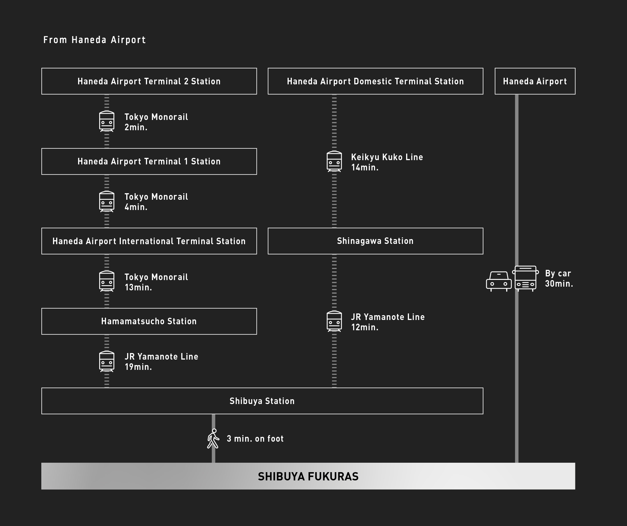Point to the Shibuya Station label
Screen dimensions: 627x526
[262, 401]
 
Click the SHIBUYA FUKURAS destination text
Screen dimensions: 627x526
[308, 476]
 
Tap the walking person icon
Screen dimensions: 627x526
[213, 439]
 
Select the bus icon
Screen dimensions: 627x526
[526, 278]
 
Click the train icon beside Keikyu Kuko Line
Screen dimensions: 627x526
[334, 162]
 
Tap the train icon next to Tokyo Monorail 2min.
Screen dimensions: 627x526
[107, 121]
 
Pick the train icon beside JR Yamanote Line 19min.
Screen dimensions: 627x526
[107, 362]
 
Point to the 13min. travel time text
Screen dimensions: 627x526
[138, 287]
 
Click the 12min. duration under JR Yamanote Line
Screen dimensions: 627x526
[365, 327]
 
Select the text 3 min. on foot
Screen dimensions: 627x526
[255, 439]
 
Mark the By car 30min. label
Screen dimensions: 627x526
[559, 278]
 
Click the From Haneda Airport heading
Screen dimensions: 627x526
[95, 40]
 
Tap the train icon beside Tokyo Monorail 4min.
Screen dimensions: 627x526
[107, 201]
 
